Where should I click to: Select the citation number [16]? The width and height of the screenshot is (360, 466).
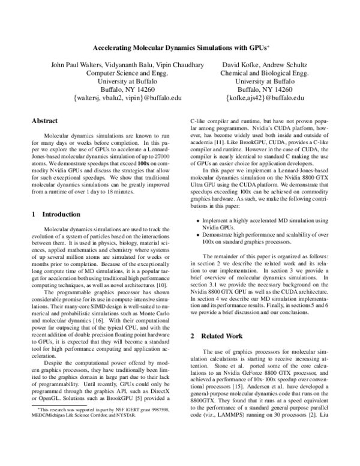pos(97,324)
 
